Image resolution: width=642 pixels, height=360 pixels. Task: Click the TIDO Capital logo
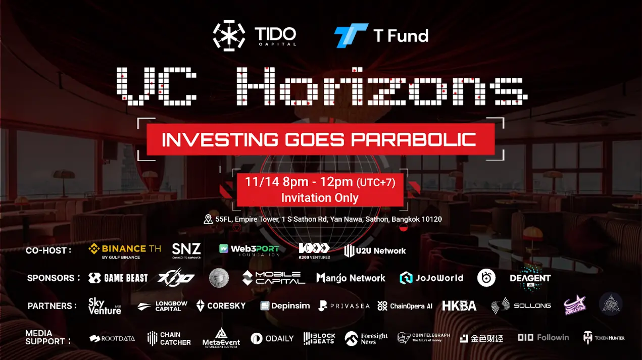click(x=254, y=36)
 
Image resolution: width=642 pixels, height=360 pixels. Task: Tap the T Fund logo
click(x=381, y=36)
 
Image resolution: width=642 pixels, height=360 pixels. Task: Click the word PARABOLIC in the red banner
click(x=413, y=139)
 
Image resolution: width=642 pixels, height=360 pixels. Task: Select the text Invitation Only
click(x=320, y=197)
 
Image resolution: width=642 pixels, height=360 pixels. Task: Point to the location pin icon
click(x=208, y=219)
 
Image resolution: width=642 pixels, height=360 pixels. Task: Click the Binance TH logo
click(x=125, y=250)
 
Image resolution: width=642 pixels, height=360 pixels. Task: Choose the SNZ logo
click(x=186, y=250)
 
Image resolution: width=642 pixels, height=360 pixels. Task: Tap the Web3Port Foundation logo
click(x=249, y=249)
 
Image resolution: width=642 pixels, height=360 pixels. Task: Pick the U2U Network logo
click(x=375, y=250)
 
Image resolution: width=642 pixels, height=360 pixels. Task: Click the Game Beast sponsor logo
click(x=118, y=278)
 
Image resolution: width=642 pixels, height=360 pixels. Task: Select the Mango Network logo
click(x=351, y=278)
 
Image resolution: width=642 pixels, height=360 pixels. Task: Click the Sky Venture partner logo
click(x=105, y=306)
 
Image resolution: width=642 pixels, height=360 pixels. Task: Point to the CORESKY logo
click(x=221, y=305)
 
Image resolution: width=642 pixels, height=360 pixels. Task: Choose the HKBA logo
click(x=459, y=305)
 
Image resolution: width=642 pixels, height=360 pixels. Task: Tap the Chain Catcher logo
click(x=169, y=338)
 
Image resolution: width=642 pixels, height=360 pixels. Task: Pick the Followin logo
click(x=543, y=337)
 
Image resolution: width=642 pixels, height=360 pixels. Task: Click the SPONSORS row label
click(x=54, y=278)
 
